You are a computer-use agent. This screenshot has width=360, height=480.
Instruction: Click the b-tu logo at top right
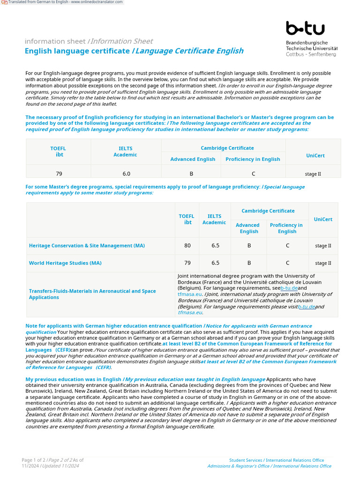click(x=305, y=29)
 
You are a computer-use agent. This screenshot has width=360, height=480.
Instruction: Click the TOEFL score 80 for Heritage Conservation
click(x=187, y=246)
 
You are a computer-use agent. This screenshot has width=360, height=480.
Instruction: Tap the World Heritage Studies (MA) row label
click(x=65, y=263)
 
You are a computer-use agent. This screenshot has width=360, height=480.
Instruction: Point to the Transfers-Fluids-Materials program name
click(x=92, y=294)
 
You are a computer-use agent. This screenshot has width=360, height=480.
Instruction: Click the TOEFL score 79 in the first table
click(x=59, y=173)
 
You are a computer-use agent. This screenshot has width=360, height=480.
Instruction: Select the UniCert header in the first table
click(x=315, y=156)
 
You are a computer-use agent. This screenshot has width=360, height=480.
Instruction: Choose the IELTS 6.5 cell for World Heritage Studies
click(x=215, y=263)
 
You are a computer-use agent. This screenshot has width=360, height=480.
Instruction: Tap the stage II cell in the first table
click(x=313, y=174)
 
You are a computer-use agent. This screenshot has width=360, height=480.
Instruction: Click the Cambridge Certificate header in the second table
click(x=268, y=211)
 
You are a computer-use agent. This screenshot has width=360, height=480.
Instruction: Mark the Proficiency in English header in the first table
click(x=253, y=159)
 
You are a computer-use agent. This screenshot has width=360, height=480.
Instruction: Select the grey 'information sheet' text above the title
click(x=55, y=41)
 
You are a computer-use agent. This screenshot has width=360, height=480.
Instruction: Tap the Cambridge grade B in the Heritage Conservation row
click(x=249, y=246)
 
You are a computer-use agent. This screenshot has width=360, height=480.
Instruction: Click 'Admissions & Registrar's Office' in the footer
click(x=239, y=466)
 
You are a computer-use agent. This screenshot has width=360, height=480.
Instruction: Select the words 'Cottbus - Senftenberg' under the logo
click(x=311, y=54)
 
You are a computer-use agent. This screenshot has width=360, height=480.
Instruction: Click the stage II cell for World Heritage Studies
click(x=323, y=263)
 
